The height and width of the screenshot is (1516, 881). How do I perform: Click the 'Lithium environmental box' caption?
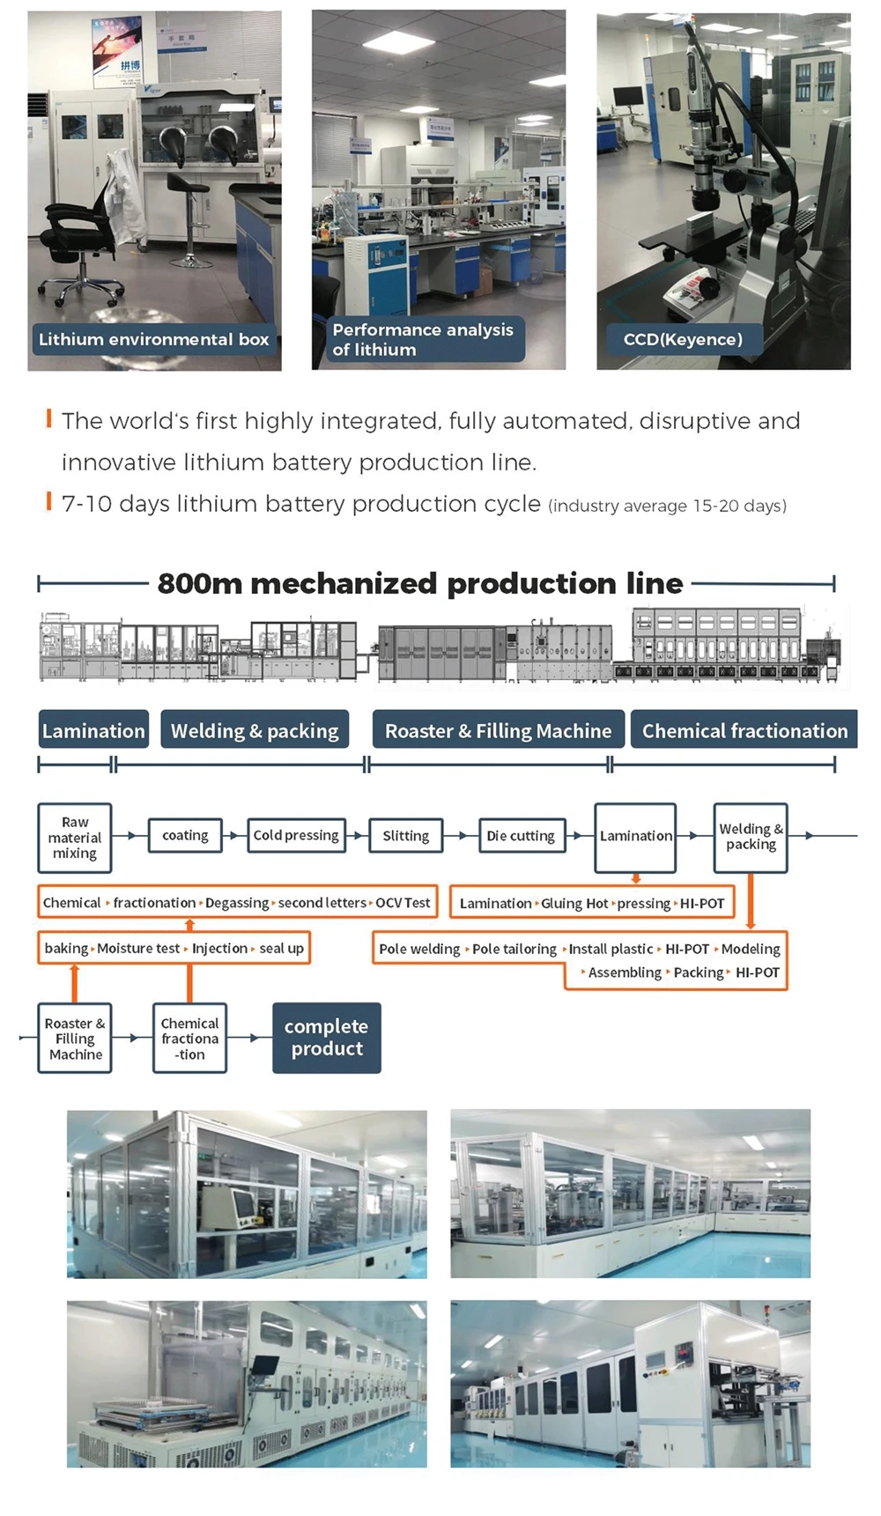(x=154, y=339)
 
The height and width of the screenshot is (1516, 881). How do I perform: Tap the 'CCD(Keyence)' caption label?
(x=683, y=339)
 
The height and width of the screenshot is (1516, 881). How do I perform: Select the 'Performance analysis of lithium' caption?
(x=423, y=339)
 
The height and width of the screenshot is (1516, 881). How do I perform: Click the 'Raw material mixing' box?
(x=75, y=837)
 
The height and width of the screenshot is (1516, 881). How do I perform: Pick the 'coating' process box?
(x=185, y=835)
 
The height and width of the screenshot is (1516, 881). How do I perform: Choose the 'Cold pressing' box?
(x=296, y=835)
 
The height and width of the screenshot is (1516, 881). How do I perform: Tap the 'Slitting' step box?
(x=405, y=835)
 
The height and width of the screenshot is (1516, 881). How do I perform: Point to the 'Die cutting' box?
(x=521, y=835)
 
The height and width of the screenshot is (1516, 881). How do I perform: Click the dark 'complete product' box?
(x=327, y=1038)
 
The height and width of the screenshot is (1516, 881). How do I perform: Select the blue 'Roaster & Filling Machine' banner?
(x=499, y=730)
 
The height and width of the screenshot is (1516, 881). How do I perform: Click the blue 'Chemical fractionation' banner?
(x=744, y=730)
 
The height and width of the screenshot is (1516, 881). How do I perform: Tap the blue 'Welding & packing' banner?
(x=255, y=730)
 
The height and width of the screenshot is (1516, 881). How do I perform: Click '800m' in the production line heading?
(x=199, y=583)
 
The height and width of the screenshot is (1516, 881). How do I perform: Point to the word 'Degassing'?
(x=237, y=903)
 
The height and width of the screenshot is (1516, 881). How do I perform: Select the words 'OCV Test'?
(x=403, y=903)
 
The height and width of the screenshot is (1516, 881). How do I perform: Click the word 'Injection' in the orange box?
(x=219, y=949)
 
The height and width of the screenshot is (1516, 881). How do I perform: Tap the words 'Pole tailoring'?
(x=515, y=950)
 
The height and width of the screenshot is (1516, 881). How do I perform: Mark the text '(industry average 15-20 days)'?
(x=667, y=506)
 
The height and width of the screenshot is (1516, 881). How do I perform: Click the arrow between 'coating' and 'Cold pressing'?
(x=233, y=835)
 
